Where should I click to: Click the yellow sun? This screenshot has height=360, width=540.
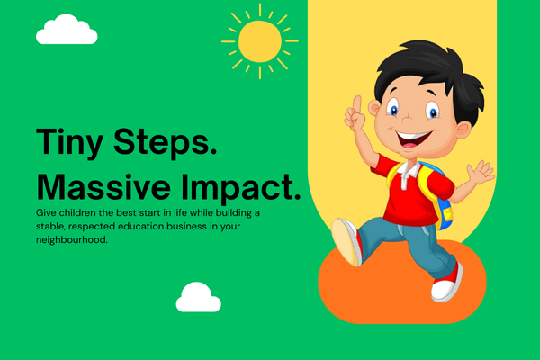click(260, 41)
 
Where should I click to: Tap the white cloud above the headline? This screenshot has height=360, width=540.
click(67, 30)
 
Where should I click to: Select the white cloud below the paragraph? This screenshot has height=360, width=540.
click(198, 297)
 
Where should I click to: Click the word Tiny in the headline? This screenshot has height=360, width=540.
click(69, 142)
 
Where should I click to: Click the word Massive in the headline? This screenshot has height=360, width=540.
click(103, 187)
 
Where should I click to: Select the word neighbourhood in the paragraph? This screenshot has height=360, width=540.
click(71, 239)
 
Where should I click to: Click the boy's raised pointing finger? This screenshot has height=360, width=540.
click(356, 104)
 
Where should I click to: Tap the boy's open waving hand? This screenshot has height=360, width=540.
click(481, 172)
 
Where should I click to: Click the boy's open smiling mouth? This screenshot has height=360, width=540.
click(412, 139)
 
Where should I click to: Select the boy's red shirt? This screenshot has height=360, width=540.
click(412, 193)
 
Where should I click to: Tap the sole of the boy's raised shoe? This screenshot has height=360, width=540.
click(345, 242)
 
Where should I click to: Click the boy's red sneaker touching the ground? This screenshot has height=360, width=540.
click(446, 283)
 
